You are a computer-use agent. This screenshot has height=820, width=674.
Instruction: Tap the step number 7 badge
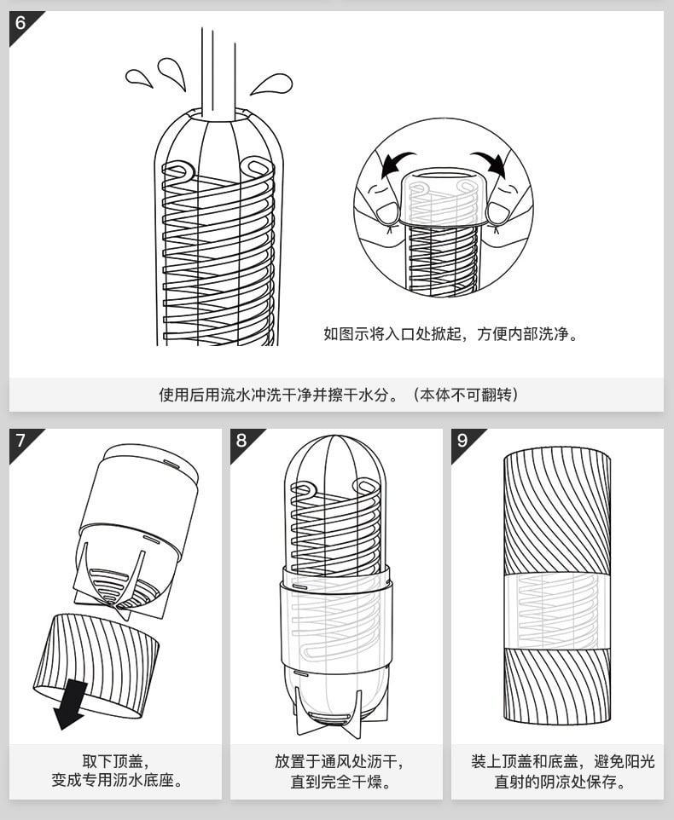pos(20,440)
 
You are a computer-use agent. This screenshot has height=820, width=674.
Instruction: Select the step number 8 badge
pos(241,440)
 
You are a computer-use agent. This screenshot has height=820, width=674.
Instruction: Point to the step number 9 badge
pos(462,440)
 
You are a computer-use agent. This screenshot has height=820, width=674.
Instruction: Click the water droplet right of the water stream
pos(272,84)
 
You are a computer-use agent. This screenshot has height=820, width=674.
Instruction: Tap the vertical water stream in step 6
pos(218,72)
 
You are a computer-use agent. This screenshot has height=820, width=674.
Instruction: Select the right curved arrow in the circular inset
pos(492,163)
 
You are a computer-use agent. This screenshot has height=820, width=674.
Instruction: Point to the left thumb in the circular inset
pos(386,211)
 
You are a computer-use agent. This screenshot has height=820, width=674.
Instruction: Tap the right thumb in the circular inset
pos(499,211)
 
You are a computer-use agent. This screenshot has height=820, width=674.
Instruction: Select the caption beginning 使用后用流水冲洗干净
pos(338,395)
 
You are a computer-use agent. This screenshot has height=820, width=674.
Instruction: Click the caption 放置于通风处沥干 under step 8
pos(339,761)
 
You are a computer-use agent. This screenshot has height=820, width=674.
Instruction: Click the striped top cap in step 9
pos(557,511)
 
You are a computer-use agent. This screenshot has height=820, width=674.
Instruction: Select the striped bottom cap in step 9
pos(557,684)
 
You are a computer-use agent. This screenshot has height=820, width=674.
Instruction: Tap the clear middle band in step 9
pos(557,610)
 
